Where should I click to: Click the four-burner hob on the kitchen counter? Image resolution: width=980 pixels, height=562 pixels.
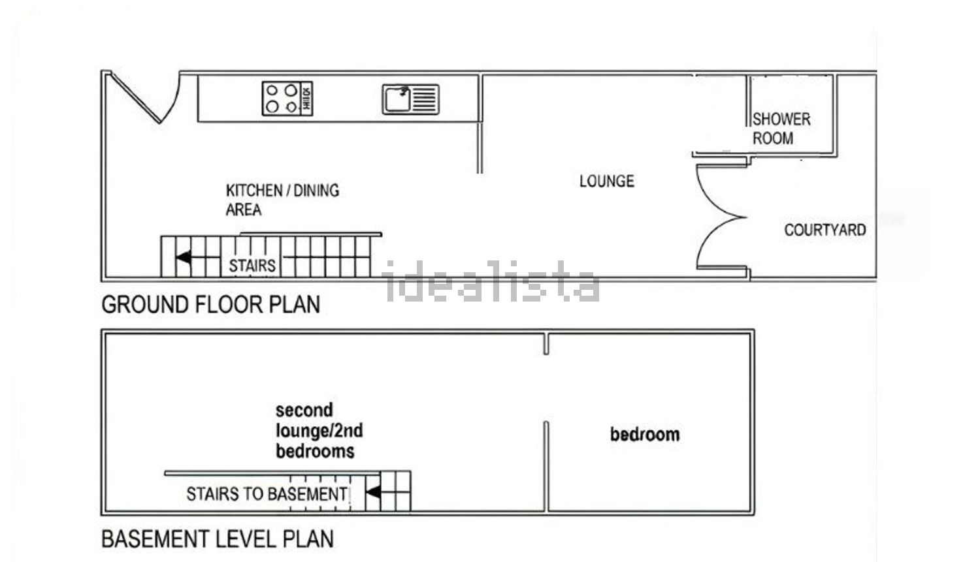[287, 99]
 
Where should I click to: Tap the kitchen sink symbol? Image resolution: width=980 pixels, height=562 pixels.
[411, 99]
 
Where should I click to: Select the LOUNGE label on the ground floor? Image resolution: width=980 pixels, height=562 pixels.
[607, 181]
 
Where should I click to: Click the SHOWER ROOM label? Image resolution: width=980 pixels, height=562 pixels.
[781, 129]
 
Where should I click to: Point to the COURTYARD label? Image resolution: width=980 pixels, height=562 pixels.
[825, 230]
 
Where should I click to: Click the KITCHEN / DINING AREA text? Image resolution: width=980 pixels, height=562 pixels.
[282, 200]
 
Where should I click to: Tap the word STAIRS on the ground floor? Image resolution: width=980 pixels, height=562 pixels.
[252, 265]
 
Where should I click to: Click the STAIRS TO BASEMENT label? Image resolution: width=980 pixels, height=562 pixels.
[267, 494]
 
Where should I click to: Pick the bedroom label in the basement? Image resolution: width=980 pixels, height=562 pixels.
[645, 435]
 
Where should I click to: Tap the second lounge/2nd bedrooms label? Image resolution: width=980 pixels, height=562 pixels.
[319, 431]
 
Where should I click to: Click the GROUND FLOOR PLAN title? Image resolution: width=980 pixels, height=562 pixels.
[211, 305]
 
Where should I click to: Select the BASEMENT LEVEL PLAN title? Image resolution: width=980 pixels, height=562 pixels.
[218, 539]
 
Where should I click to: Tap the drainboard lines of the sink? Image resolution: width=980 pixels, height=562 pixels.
[425, 99]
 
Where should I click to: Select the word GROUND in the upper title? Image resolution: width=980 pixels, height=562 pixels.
[145, 305]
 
